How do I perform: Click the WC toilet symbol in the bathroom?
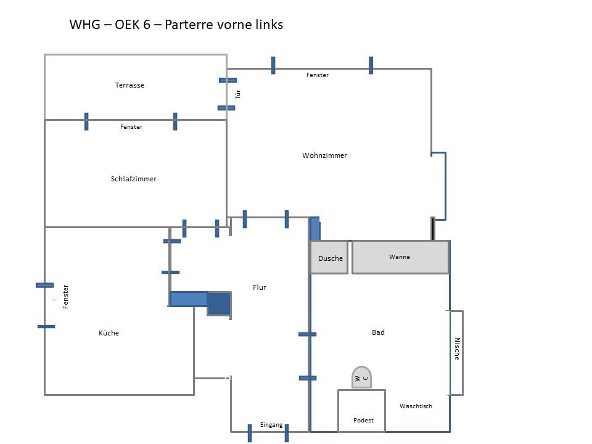click(361, 377)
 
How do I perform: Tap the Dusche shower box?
click(329, 258)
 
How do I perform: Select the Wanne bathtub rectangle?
click(400, 257)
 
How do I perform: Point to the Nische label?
click(457, 349)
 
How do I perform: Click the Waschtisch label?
click(416, 406)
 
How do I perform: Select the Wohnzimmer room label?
click(324, 155)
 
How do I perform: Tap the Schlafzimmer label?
click(134, 179)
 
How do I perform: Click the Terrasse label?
click(129, 85)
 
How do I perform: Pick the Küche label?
click(109, 333)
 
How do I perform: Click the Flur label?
click(260, 287)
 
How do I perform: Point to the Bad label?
click(378, 332)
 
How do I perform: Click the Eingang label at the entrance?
click(271, 425)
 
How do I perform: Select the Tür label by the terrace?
click(238, 94)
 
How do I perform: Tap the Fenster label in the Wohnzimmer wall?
click(318, 75)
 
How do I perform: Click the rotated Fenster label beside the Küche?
click(66, 297)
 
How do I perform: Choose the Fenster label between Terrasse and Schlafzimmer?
click(131, 127)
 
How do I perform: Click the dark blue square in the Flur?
click(218, 303)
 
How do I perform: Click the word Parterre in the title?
click(186, 25)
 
